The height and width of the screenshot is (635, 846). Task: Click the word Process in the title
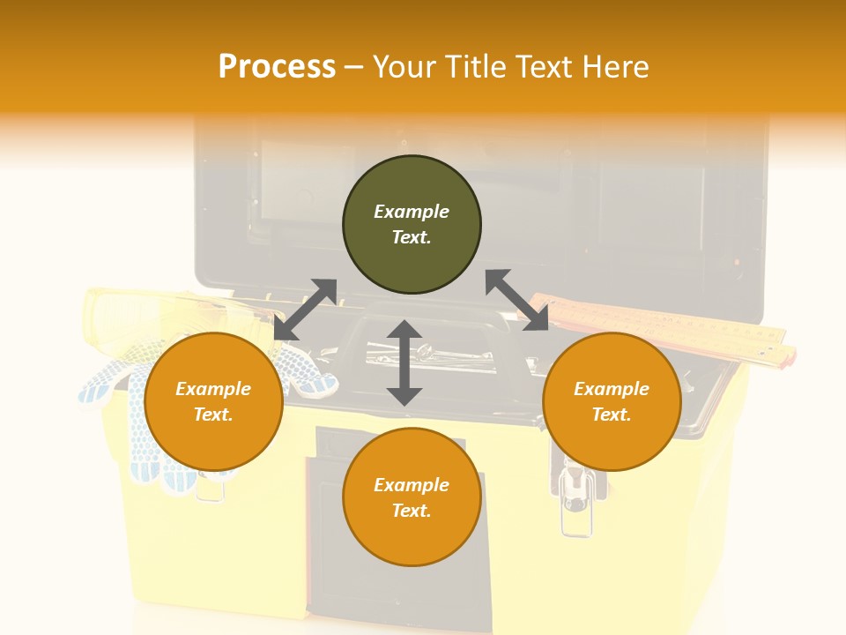coord(277,67)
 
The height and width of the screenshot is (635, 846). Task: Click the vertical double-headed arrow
coord(404,362)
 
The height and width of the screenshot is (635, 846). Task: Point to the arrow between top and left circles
coord(306,309)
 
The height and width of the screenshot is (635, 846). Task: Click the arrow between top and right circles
coord(516,300)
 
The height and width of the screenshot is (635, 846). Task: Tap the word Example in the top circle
coord(412,212)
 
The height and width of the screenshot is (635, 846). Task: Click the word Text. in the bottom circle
coord(412,511)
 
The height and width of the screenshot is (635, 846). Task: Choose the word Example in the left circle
coord(213,389)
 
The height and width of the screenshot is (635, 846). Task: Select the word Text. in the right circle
coord(612,415)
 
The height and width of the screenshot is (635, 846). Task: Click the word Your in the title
coord(404,67)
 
